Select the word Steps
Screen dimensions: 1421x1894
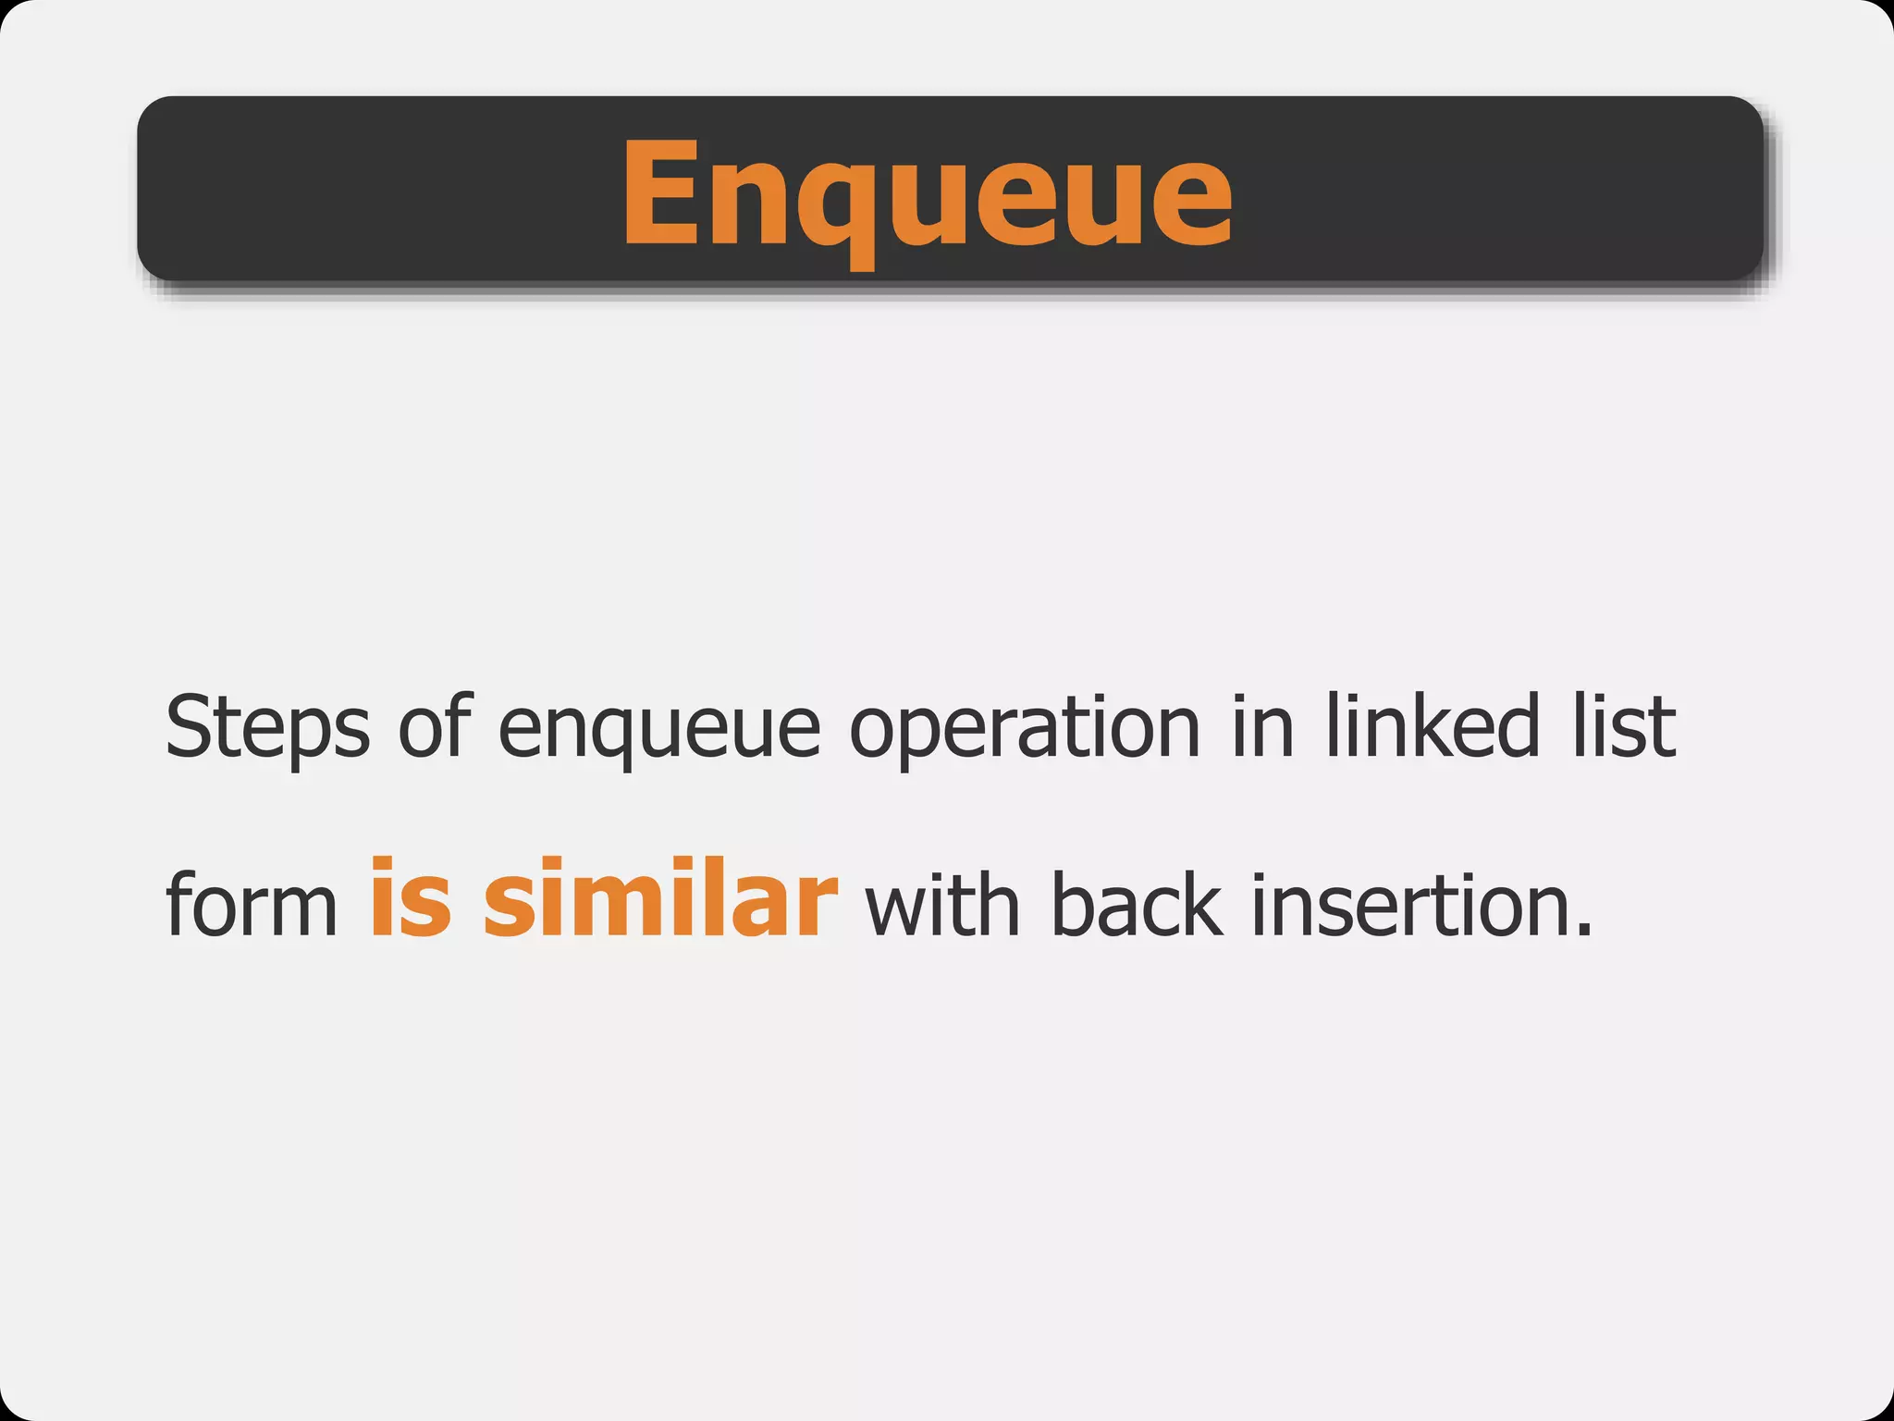(x=267, y=727)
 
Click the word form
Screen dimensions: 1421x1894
(x=252, y=905)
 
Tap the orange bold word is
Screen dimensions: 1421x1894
(x=411, y=897)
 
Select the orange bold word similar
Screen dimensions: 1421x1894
(x=660, y=897)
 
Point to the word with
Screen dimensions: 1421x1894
(x=942, y=905)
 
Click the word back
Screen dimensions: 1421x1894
(x=1137, y=905)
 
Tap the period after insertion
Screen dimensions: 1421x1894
(x=1583, y=931)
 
